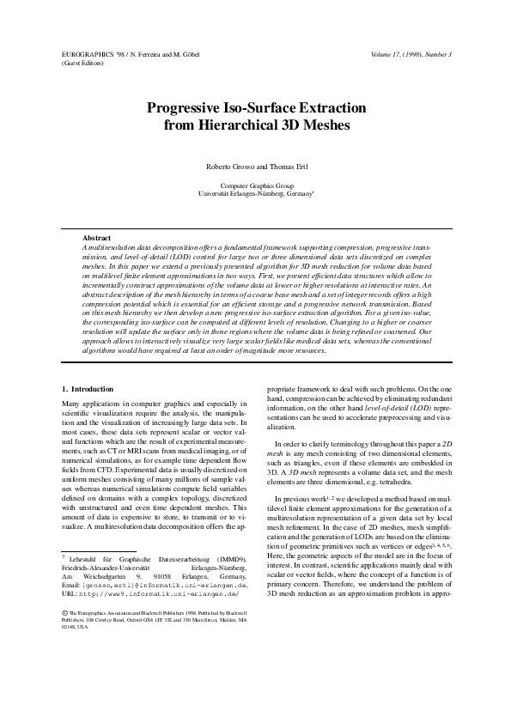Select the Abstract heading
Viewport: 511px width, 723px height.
coord(96,237)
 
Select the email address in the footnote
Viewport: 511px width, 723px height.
coord(168,609)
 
